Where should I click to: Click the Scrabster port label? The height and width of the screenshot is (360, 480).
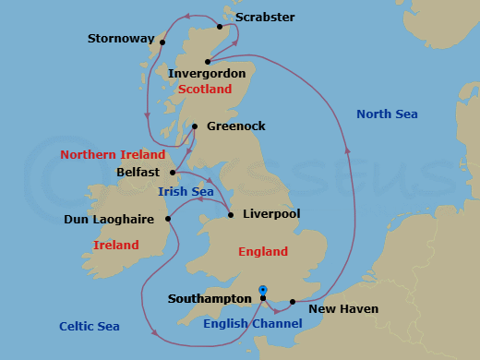click(265, 18)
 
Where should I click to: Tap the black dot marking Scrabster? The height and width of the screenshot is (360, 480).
click(220, 27)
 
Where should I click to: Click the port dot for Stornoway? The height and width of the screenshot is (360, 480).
click(162, 42)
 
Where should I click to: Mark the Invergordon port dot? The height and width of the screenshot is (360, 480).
click(208, 62)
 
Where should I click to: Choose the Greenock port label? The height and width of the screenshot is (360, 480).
click(235, 126)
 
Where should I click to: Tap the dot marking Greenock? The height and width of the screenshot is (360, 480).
click(195, 127)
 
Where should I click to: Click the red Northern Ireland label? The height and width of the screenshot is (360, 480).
click(113, 155)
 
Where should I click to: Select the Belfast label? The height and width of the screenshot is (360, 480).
click(138, 172)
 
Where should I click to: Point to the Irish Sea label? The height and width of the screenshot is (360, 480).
click(186, 192)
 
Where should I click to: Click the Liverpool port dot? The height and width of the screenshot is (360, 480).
click(230, 215)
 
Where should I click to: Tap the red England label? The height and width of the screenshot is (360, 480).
click(263, 252)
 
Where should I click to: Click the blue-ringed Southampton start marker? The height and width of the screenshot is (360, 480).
click(263, 290)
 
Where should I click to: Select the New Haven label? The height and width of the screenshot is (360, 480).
click(343, 309)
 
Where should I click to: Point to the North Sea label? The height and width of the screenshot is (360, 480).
click(387, 114)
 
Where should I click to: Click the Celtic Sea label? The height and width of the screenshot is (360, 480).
click(90, 327)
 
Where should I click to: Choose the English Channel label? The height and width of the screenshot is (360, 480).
click(252, 323)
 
